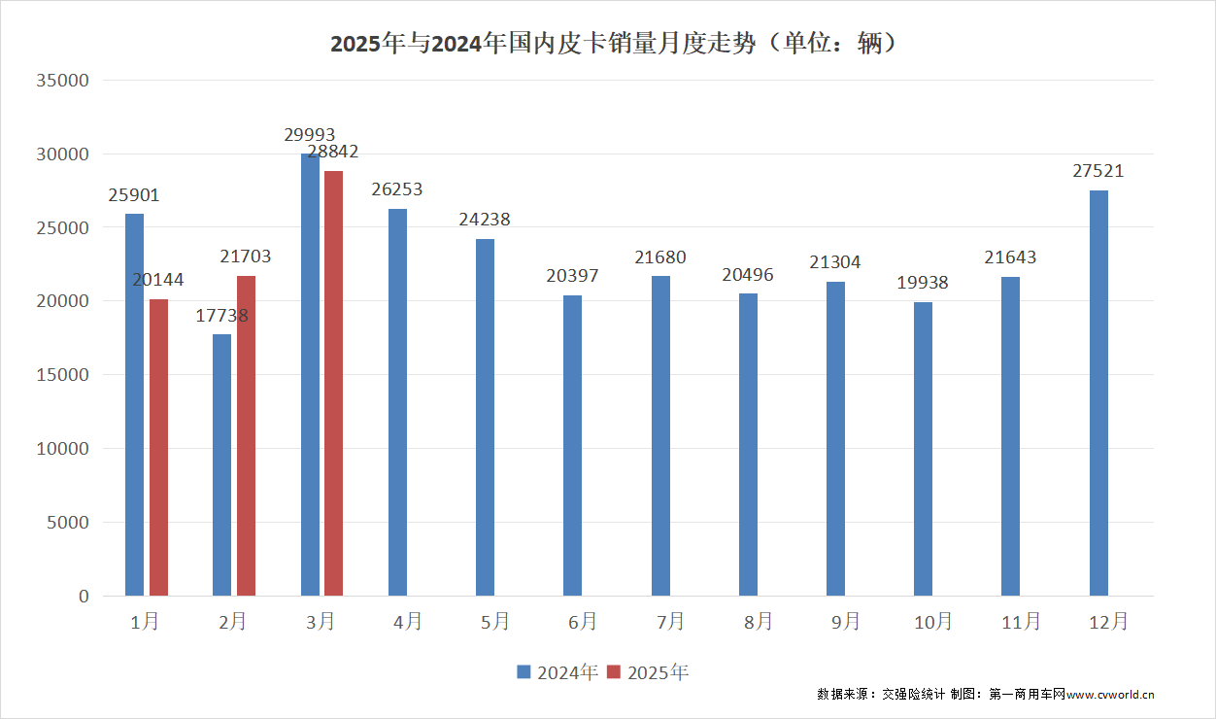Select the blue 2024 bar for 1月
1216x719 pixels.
(x=134, y=405)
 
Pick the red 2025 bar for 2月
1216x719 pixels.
(x=246, y=435)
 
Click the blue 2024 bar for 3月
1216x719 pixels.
(x=310, y=375)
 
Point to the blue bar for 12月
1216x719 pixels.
(x=1098, y=393)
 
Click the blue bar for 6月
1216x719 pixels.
(x=572, y=445)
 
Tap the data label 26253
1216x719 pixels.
(x=396, y=189)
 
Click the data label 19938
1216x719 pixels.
(x=923, y=283)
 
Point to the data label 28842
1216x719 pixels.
(x=333, y=152)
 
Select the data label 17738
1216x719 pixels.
(x=221, y=315)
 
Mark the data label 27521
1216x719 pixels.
(x=1098, y=171)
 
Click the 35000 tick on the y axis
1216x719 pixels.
(x=62, y=81)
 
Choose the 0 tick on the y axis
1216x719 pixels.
(x=83, y=596)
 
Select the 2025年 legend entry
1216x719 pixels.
(x=648, y=672)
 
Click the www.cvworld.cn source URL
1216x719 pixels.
(x=1110, y=695)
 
